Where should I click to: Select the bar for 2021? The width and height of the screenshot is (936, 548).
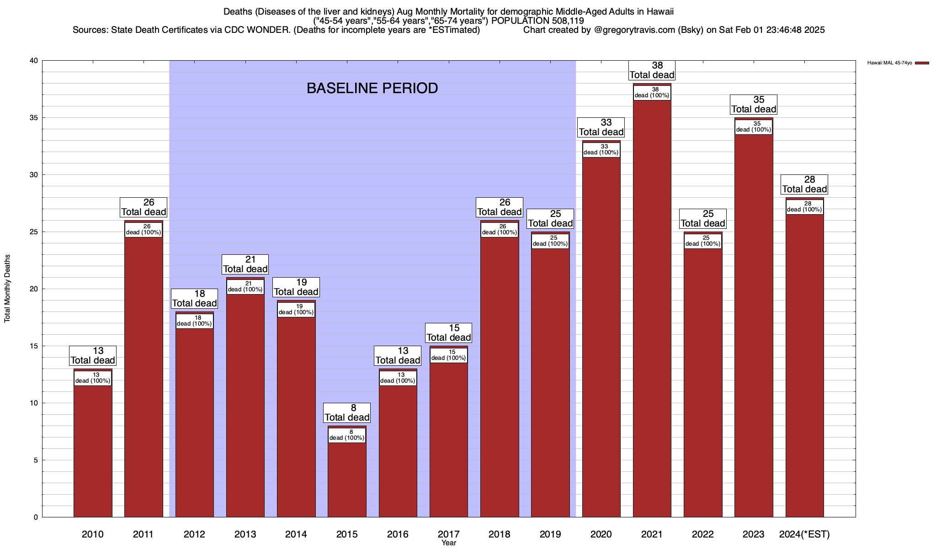point(652,311)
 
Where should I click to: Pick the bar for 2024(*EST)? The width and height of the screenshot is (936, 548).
point(804,365)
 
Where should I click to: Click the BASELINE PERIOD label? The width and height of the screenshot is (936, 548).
point(372,88)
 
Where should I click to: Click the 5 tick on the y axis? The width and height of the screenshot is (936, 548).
point(36,460)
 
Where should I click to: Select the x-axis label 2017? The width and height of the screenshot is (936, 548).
point(448,534)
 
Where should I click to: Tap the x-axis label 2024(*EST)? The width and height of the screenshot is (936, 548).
point(804,534)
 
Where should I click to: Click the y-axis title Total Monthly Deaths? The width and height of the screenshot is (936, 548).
point(7,289)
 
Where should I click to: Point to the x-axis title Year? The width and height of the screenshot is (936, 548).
point(448,543)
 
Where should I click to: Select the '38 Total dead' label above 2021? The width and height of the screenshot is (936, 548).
point(652,70)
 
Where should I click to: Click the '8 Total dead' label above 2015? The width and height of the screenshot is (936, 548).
point(347,413)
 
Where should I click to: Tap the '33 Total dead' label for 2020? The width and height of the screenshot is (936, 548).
point(601,127)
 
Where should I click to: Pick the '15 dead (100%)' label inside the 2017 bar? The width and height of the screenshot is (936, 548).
point(448,355)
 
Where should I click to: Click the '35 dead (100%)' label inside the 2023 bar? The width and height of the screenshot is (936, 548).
point(753,127)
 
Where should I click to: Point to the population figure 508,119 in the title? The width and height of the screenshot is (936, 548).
point(564,21)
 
